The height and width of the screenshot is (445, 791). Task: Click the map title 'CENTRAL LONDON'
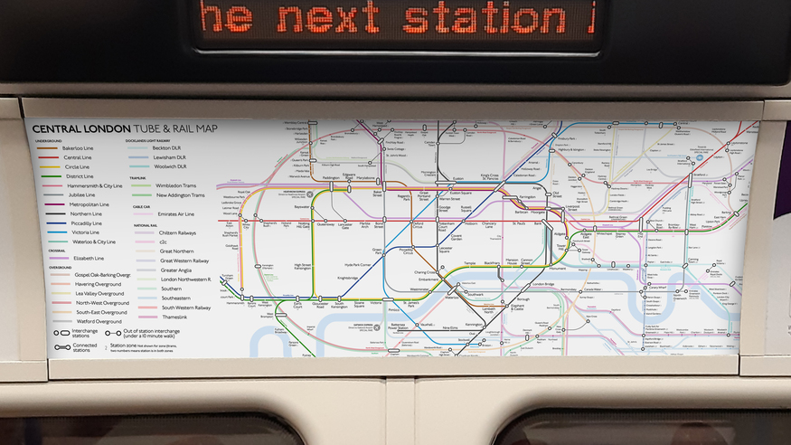(80, 129)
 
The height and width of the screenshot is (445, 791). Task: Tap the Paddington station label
(332, 178)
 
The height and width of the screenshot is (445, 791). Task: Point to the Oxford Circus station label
(419, 226)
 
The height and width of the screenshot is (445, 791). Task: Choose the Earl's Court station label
(298, 305)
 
